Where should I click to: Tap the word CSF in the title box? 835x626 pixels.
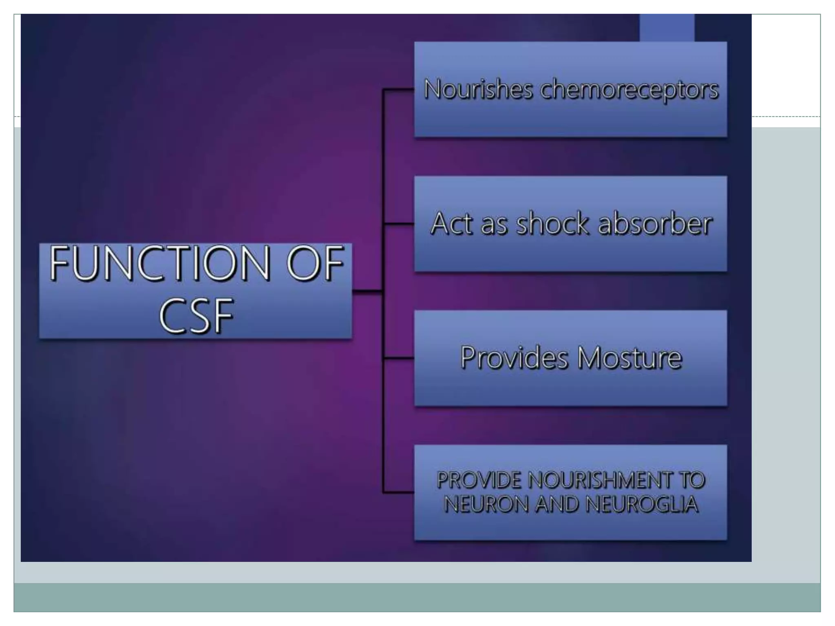196,316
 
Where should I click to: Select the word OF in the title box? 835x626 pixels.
315,264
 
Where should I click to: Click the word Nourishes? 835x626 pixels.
478,89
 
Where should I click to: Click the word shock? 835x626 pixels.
553,224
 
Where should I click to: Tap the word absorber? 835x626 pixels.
655,224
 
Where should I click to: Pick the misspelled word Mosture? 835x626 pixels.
630,358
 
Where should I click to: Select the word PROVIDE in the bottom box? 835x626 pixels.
479,480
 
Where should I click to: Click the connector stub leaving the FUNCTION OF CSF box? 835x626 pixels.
367,291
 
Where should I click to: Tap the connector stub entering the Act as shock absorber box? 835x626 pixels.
398,224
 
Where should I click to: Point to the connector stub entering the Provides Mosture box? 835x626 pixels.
398,358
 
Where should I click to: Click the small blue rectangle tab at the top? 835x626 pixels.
667,27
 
